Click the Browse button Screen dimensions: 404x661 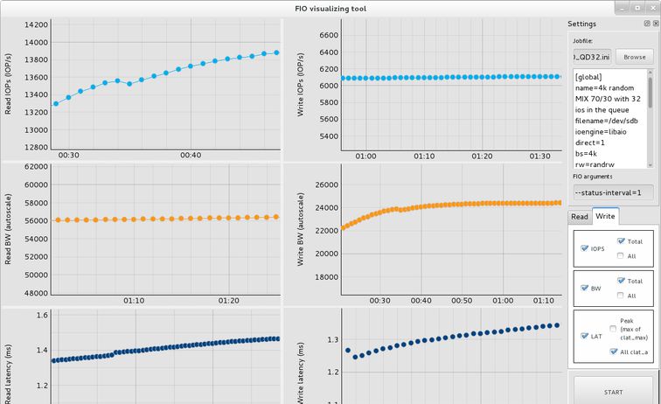(635, 57)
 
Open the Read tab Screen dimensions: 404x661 (580, 216)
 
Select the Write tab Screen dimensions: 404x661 (605, 216)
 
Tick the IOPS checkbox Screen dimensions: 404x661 (585, 248)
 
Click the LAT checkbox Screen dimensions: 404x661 (585, 335)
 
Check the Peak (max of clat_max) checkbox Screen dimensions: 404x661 (613, 328)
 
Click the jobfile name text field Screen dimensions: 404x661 (592, 57)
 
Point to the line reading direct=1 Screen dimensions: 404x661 (595, 142)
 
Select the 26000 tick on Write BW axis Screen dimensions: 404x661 (325, 185)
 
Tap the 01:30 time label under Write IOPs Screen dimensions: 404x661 (539, 156)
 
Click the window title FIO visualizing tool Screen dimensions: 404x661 (330, 7)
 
